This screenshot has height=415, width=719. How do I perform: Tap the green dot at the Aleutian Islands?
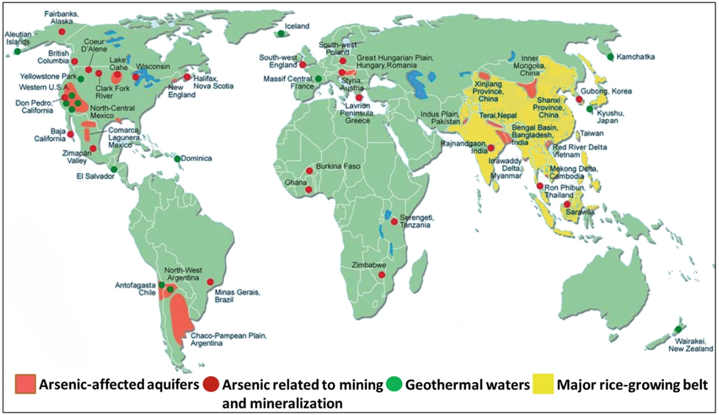click(18, 52)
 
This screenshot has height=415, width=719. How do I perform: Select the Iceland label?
click(297, 26)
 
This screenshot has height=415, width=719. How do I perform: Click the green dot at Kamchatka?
click(611, 57)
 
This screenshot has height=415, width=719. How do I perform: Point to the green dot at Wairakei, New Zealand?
click(678, 329)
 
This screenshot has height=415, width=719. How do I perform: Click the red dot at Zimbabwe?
click(382, 275)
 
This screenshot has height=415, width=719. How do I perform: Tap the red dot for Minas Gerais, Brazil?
click(210, 282)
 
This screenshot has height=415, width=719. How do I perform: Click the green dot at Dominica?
click(177, 158)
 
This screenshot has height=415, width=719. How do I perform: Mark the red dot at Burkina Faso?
click(309, 170)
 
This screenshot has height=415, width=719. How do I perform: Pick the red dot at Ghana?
click(309, 189)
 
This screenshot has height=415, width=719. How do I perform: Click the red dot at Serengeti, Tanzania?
click(394, 222)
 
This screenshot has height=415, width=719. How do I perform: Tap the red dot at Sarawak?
click(567, 204)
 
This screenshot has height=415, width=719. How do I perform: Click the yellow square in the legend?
click(544, 385)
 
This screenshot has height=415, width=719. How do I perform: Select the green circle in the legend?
click(394, 385)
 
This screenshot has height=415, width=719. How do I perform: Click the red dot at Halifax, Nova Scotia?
click(187, 77)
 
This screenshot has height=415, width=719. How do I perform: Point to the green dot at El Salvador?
click(114, 169)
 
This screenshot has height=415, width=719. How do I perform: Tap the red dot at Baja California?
click(70, 134)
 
